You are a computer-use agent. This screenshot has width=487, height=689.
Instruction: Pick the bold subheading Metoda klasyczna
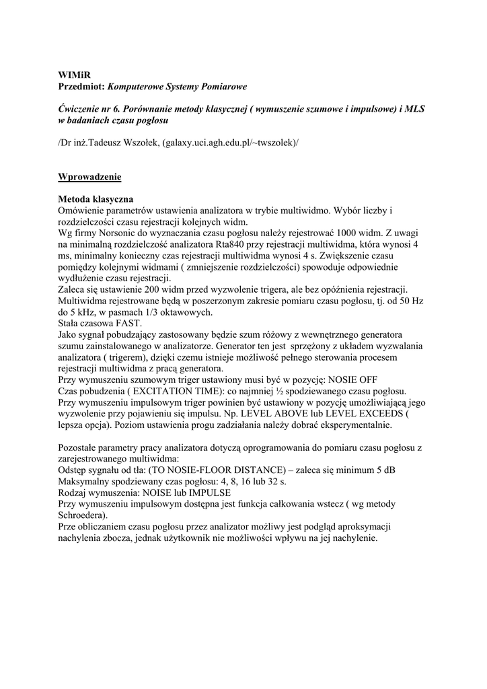(96, 200)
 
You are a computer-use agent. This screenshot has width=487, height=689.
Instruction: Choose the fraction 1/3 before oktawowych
(159, 312)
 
